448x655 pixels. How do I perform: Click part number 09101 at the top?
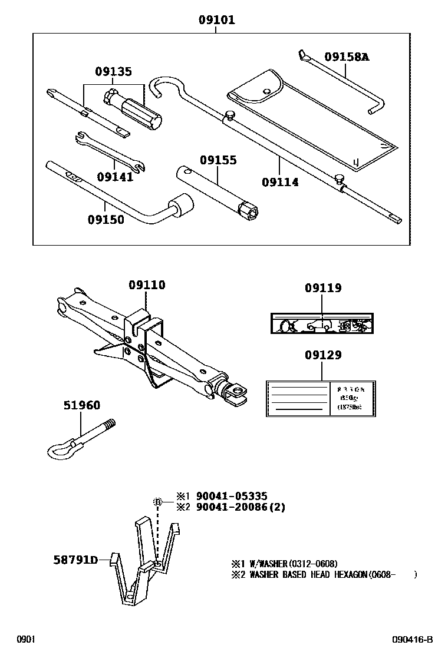216,21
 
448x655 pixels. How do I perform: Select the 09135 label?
113,72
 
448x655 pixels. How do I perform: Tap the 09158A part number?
347,57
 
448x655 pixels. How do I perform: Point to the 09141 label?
115,176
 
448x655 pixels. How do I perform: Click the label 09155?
218,160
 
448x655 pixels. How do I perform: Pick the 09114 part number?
280,182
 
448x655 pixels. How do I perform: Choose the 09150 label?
106,220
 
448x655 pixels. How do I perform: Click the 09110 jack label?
147,285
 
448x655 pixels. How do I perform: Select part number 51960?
81,405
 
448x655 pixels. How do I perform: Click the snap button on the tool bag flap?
266,91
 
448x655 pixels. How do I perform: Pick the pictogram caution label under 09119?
322,324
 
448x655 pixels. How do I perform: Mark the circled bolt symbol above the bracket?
157,501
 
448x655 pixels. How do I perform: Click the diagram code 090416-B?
413,640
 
